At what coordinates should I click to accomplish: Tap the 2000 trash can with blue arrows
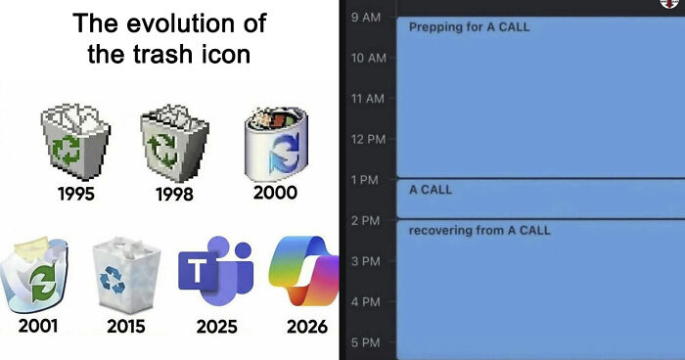[275, 142]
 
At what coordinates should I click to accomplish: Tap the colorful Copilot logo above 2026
[305, 270]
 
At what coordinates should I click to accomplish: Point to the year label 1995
[75, 194]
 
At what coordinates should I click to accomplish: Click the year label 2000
[275, 193]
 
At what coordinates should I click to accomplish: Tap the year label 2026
[306, 326]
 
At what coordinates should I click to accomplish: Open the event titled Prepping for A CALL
[469, 26]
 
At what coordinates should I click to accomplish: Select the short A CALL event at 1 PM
[431, 189]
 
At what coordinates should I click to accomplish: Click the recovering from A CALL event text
[479, 230]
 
